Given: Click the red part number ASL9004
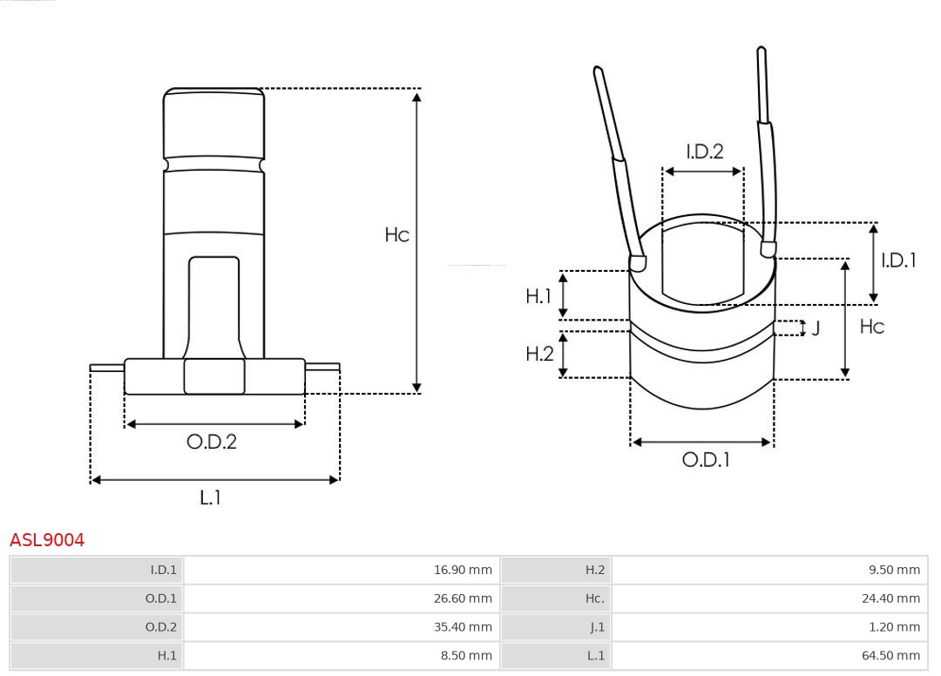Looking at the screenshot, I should tap(47, 540).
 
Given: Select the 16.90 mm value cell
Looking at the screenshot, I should tap(463, 570).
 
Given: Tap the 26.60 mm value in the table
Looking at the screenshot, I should tap(463, 598).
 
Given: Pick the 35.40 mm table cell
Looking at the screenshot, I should tap(463, 627).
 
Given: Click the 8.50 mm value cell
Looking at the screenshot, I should tap(466, 655).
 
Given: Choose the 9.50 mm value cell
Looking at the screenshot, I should tap(894, 570).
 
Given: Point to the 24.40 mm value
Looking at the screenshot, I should tap(891, 598).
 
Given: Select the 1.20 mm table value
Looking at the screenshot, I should tap(894, 627).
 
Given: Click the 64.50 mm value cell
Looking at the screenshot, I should tap(891, 655).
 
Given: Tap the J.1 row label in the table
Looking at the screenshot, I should tap(595, 627).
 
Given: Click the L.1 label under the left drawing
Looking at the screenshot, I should tap(210, 497).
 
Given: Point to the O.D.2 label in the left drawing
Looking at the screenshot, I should tap(212, 442).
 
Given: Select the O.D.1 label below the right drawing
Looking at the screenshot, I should tap(705, 459).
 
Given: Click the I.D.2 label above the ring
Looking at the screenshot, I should tap(704, 152).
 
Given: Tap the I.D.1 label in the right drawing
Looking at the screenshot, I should tap(898, 260).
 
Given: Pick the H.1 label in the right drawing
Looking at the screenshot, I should tap(538, 296).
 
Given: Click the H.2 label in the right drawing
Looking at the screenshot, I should tap(539, 354).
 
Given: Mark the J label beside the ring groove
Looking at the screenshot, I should tap(816, 328).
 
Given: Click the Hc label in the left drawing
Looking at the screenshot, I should tap(397, 234).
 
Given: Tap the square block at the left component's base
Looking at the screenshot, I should tap(214, 376).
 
